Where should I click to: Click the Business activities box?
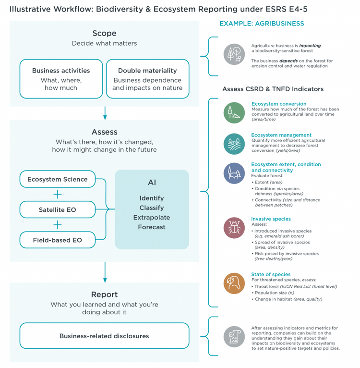[61, 79]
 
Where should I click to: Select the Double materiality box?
[147, 79]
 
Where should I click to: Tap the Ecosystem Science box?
[58, 179]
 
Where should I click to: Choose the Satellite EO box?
[58, 209]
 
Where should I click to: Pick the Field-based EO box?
[58, 240]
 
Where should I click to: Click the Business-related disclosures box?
[104, 336]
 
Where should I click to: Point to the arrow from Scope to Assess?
[105, 113]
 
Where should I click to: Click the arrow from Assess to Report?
[105, 272]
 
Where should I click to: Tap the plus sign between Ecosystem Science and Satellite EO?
[58, 194]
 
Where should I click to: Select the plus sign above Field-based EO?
[58, 225]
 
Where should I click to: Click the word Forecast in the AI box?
[152, 227]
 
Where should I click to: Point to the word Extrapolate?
[152, 217]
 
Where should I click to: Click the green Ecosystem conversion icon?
[234, 113]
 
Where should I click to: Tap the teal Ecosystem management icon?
[234, 144]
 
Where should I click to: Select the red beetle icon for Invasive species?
[234, 228]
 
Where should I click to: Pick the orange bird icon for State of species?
[234, 283]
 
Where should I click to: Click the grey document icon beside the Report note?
[234, 337]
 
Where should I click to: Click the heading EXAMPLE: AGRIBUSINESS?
[262, 24]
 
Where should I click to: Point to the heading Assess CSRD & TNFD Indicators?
[273, 89]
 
